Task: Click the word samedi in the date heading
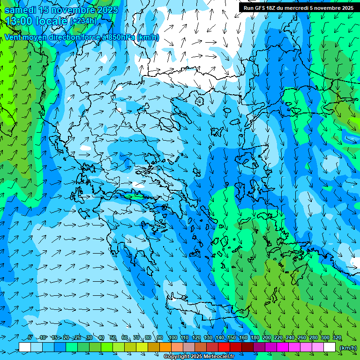coord(20,10)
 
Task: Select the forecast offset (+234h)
coord(83,21)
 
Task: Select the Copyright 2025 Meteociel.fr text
coord(199,357)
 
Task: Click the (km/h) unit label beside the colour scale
coord(348,348)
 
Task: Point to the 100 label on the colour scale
coord(173,338)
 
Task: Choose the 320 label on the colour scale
coord(337,338)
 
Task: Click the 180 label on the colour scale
coord(255,338)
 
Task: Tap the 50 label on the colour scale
coord(113,338)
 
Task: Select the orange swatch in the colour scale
coord(165,347)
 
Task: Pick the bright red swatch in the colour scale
coord(224,347)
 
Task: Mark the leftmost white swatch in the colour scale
coord(25,347)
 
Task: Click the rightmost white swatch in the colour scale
coord(330,347)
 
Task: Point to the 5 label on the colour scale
coord(30,338)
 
